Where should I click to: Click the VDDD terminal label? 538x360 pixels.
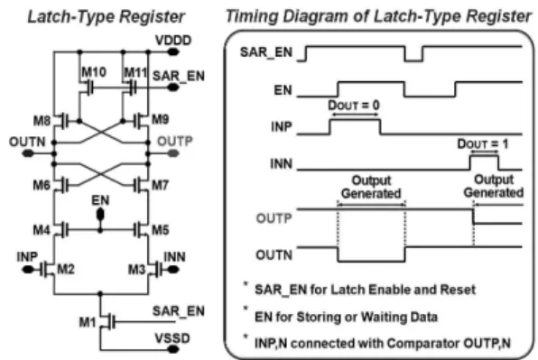[x=173, y=41]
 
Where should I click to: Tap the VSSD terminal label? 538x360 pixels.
[x=172, y=338]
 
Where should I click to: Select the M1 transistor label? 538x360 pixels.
[x=88, y=322]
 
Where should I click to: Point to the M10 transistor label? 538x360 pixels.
[x=94, y=72]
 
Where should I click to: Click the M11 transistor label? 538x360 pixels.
[x=135, y=72]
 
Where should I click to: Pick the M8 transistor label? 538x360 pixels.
[x=42, y=121]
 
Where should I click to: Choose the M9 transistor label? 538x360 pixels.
[x=161, y=119]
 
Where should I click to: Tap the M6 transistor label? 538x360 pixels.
[x=42, y=185]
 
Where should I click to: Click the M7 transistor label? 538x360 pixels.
[x=161, y=185]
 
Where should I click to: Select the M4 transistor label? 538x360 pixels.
[x=42, y=230]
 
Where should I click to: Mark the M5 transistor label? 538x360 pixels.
[x=161, y=230]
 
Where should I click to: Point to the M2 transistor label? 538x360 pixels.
[x=66, y=269]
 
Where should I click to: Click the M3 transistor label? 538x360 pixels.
[x=137, y=270]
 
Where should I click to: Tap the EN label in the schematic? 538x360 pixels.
[x=100, y=200]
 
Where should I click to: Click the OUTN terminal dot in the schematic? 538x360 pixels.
[x=28, y=153]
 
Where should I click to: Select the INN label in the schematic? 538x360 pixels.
[x=174, y=257]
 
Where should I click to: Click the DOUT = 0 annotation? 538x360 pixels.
[x=354, y=106]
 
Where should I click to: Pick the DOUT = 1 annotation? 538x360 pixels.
[x=483, y=143]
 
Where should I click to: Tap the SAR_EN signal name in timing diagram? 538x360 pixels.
[x=266, y=52]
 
